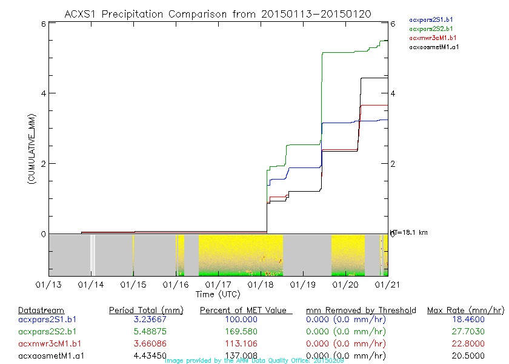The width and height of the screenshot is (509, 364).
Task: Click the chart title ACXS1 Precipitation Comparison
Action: (x=218, y=14)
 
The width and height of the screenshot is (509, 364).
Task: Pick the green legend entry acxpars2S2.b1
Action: (x=431, y=29)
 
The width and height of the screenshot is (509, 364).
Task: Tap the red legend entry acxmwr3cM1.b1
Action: (x=432, y=38)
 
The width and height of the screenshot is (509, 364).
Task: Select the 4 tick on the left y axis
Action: (x=43, y=93)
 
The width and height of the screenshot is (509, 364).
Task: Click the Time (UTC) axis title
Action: (x=218, y=294)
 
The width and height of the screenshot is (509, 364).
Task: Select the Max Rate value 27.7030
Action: (x=465, y=332)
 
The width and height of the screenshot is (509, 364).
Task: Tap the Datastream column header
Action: (x=41, y=311)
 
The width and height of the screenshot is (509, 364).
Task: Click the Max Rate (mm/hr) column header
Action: (x=465, y=311)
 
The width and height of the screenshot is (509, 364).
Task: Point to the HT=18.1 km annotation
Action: (x=410, y=232)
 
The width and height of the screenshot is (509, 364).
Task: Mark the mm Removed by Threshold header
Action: (x=361, y=311)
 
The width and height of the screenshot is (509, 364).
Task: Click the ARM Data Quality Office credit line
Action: (x=254, y=360)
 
